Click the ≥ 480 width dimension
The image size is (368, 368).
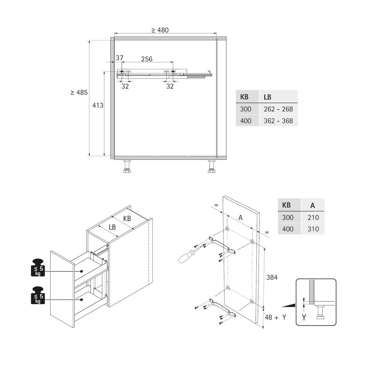(x=160, y=30)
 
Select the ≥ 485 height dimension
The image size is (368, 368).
(x=79, y=92)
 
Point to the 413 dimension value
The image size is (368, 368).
(x=98, y=105)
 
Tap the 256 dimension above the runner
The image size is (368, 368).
(x=147, y=59)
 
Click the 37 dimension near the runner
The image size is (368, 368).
(x=119, y=58)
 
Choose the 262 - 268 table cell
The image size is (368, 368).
(x=278, y=109)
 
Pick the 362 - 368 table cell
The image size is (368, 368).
(x=278, y=121)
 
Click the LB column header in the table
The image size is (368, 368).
(x=267, y=97)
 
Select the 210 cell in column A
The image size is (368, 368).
(x=313, y=217)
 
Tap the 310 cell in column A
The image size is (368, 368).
(x=313, y=229)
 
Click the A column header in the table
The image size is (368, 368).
(x=313, y=205)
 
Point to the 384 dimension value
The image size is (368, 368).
(x=272, y=277)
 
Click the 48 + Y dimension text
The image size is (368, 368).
(x=275, y=317)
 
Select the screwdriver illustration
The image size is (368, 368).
(x=186, y=257)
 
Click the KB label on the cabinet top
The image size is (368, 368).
(x=127, y=219)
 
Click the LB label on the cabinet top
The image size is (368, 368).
(x=112, y=227)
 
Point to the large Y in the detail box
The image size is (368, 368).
(x=304, y=317)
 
